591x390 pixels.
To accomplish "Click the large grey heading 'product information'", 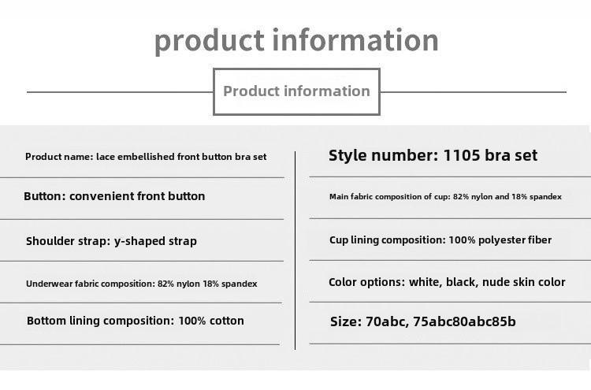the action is pos(296,40).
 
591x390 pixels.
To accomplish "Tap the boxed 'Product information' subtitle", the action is pos(296,91).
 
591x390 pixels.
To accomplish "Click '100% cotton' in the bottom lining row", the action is pos(211,321).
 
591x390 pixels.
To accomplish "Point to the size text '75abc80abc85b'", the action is pos(464,321).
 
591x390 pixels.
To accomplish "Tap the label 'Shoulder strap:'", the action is pos(69,242).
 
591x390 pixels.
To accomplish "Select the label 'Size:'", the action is pos(346,321).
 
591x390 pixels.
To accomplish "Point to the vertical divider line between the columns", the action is pos(295,251).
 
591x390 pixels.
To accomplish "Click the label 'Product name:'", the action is pos(59,157).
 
